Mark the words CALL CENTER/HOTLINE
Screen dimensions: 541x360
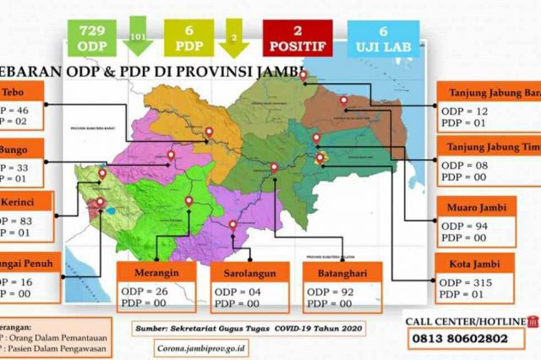[x=464, y=321]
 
